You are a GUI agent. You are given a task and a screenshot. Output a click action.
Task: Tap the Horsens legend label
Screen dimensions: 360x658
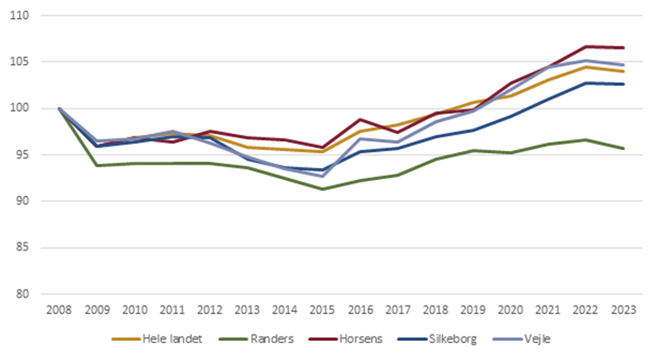click(353, 338)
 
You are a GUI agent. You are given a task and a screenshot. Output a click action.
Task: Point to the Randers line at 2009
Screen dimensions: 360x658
click(97, 166)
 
